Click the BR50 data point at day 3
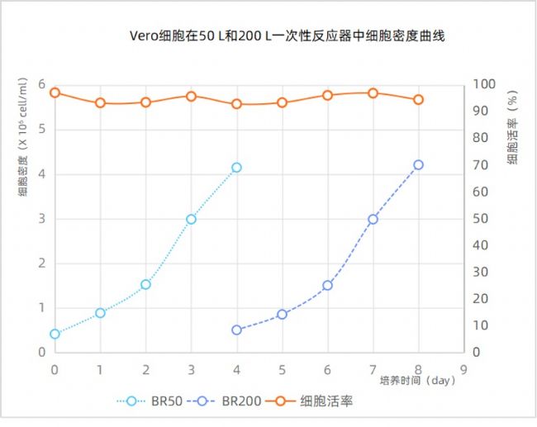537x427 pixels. click(x=191, y=219)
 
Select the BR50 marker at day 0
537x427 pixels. click(x=55, y=334)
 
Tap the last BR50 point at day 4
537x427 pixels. click(x=236, y=168)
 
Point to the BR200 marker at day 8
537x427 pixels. click(x=418, y=165)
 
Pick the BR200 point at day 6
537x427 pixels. click(x=327, y=285)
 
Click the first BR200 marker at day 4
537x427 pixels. click(x=236, y=330)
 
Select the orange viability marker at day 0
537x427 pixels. click(x=55, y=93)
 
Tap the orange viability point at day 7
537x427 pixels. click(x=373, y=93)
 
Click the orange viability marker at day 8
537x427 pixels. click(x=418, y=99)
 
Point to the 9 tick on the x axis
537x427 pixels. click(x=463, y=368)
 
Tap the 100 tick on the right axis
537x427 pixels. click(x=485, y=85)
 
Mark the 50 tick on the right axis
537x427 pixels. click(x=482, y=219)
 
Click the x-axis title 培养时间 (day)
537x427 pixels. click(x=417, y=381)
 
